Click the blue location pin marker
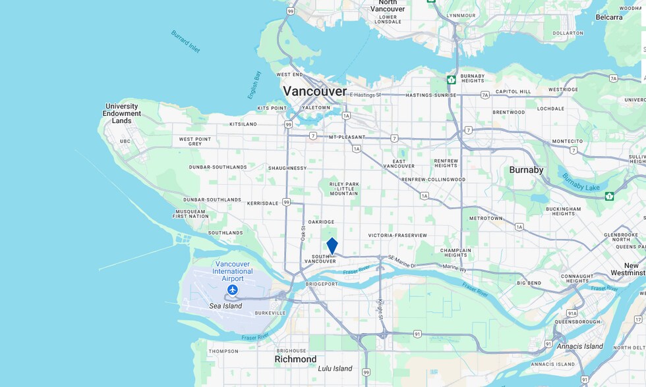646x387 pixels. (332, 245)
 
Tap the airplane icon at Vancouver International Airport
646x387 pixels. (232, 290)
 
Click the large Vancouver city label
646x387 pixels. (314, 91)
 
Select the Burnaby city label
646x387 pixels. (526, 170)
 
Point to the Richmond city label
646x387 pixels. (295, 359)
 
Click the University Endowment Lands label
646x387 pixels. (122, 113)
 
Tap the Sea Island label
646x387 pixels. (225, 306)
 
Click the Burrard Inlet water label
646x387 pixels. (185, 41)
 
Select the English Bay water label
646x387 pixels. (254, 85)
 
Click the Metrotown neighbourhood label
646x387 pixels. (486, 218)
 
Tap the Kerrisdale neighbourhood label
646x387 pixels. (263, 203)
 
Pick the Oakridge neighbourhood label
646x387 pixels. (321, 222)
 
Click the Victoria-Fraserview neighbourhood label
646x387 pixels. (397, 235)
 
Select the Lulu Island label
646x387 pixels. (334, 369)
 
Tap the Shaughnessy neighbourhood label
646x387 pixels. (287, 168)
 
